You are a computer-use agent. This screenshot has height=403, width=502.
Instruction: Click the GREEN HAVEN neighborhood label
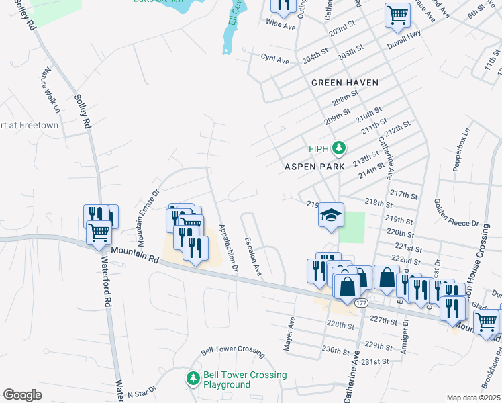(345, 83)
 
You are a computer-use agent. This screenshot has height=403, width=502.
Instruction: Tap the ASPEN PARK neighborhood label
(314, 166)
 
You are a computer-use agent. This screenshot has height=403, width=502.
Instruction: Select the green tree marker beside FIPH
(340, 148)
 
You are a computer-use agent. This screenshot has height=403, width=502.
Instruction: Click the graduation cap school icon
(331, 215)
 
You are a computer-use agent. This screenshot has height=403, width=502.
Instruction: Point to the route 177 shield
(362, 303)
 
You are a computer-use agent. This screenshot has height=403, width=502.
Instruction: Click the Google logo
(22, 395)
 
